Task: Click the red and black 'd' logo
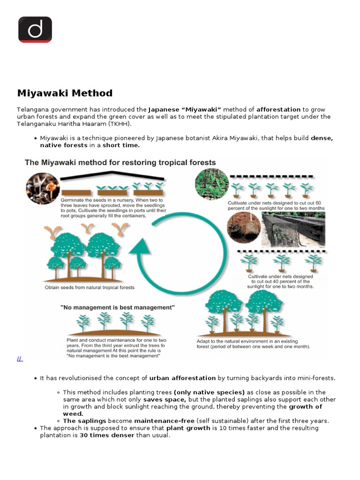[35, 29]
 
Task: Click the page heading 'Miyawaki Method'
[65, 93]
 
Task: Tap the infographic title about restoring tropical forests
[120, 163]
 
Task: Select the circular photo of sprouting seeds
[43, 188]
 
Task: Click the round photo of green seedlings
[211, 184]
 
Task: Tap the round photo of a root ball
[243, 227]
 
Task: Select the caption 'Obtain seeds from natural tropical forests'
[90, 287]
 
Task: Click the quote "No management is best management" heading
[118, 307]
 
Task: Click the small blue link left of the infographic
[20, 359]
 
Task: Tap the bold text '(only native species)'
[209, 392]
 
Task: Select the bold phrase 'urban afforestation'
[182, 378]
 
